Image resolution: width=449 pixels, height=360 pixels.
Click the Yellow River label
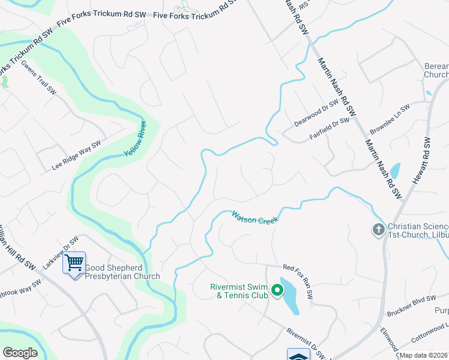[x=136, y=144]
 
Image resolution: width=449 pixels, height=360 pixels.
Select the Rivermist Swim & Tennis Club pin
[x=277, y=291]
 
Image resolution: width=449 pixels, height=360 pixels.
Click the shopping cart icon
[x=74, y=263]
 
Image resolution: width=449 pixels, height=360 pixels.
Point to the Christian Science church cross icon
[x=378, y=229]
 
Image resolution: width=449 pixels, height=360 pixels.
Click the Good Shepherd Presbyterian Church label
[x=122, y=272]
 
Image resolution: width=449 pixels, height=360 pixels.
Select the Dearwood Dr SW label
[x=316, y=113]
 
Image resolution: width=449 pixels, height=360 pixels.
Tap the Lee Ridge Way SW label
[x=76, y=155]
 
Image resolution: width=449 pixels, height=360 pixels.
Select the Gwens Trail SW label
[x=38, y=77]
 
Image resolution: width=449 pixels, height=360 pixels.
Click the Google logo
[x=20, y=353]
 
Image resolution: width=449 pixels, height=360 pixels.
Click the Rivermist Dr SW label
[x=307, y=344]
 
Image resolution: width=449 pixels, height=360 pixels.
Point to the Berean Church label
[x=436, y=70]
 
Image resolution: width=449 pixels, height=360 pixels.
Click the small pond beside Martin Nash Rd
[x=394, y=172]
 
